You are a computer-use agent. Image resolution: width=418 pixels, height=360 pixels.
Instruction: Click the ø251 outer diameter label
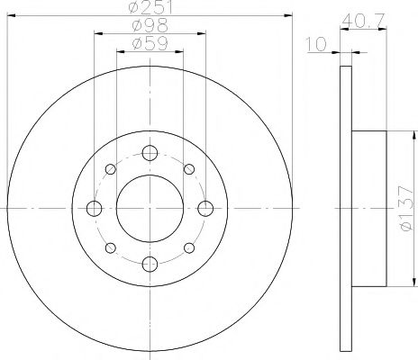pyautogui.click(x=150, y=8)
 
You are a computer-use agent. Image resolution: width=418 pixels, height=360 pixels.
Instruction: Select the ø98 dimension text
pyautogui.click(x=150, y=26)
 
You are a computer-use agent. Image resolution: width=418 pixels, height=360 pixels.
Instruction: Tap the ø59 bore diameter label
pyautogui.click(x=150, y=43)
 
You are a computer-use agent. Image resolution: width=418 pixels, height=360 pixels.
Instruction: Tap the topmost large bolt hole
pyautogui.click(x=150, y=153)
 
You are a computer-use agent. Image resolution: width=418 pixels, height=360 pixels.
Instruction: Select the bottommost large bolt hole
pyautogui.click(x=150, y=263)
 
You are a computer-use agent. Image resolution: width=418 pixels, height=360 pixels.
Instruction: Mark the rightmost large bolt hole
pyautogui.click(x=204, y=208)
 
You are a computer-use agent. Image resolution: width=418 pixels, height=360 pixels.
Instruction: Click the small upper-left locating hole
pyautogui.click(x=111, y=169)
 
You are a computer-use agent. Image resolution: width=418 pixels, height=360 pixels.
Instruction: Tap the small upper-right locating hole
pyautogui.click(x=188, y=169)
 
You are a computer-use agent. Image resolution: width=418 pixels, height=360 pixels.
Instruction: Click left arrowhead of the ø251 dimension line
pyautogui.click(x=11, y=15)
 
